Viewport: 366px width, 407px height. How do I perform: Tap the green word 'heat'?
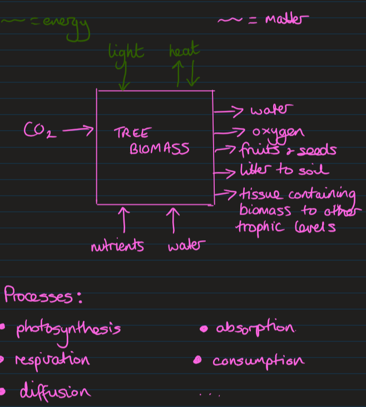tap(184, 52)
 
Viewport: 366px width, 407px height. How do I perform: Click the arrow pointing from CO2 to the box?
tap(77, 130)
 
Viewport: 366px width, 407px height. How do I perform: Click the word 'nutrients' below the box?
tap(117, 246)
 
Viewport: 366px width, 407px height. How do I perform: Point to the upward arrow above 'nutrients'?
tap(123, 219)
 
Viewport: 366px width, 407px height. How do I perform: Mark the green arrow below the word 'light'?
tap(123, 76)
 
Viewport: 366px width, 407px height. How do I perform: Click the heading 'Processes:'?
tap(42, 296)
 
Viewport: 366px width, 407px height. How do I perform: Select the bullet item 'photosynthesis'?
tap(68, 329)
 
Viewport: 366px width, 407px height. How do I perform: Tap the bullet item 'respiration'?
tap(52, 360)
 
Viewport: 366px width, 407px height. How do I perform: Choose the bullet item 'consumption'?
tap(258, 360)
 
